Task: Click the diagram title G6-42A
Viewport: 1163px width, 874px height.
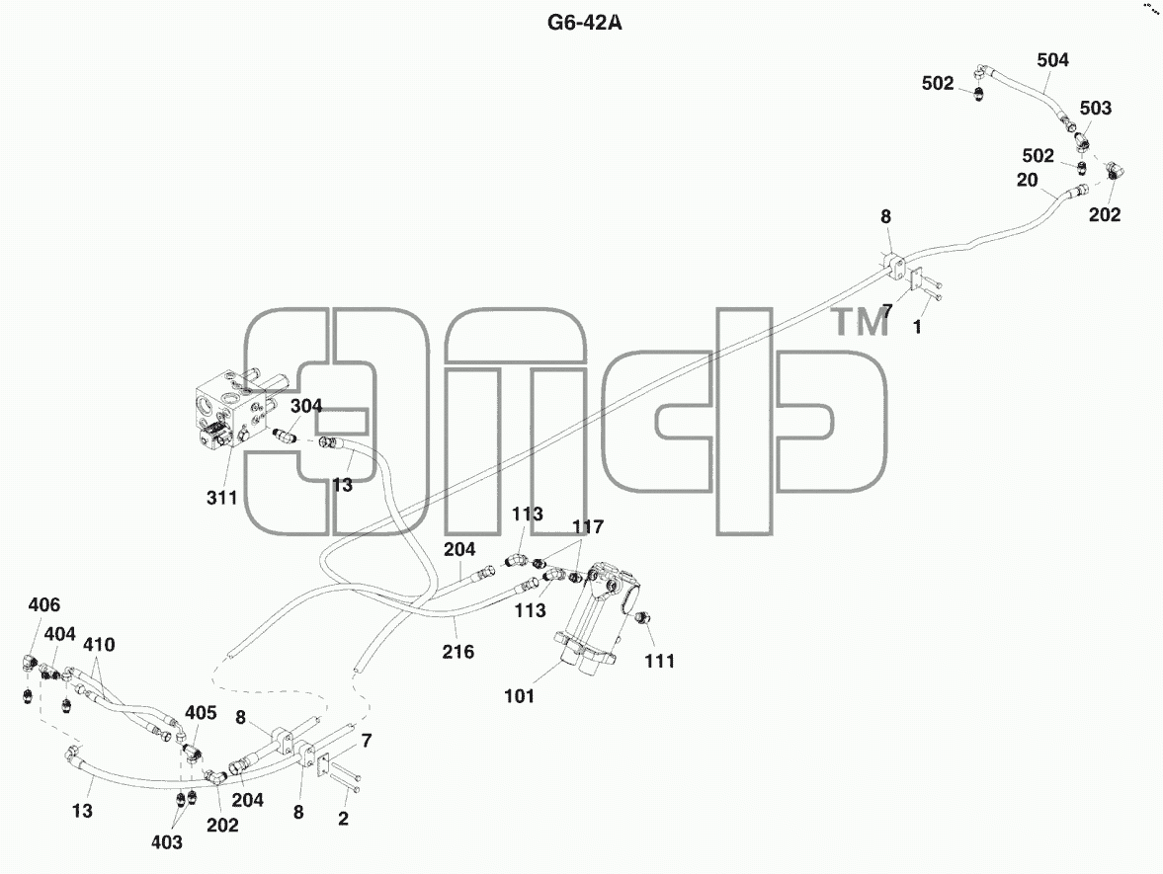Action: pos(585,23)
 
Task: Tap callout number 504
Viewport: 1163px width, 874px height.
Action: pos(1052,60)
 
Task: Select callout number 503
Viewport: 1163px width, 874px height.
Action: pos(1096,109)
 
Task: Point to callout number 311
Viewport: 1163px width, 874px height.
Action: pos(221,498)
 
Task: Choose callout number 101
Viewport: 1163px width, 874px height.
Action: pos(519,696)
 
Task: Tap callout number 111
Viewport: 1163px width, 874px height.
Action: pos(659,662)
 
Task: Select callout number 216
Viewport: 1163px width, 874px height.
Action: pos(457,652)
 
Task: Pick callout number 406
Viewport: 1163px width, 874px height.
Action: pos(43,605)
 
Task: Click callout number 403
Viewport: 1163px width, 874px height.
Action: pos(166,842)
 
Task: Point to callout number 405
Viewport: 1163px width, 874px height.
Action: pos(201,713)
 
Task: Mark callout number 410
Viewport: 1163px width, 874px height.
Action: pos(99,645)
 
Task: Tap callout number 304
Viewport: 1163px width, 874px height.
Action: pos(305,406)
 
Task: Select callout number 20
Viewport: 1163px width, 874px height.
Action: pos(1028,180)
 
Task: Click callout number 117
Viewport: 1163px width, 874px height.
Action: pos(588,527)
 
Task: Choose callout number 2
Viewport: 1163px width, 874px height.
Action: pos(343,819)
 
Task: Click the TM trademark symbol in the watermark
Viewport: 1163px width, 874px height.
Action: pos(860,323)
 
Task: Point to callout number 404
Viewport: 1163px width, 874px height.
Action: pos(59,635)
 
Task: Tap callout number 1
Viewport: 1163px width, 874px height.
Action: pos(918,327)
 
